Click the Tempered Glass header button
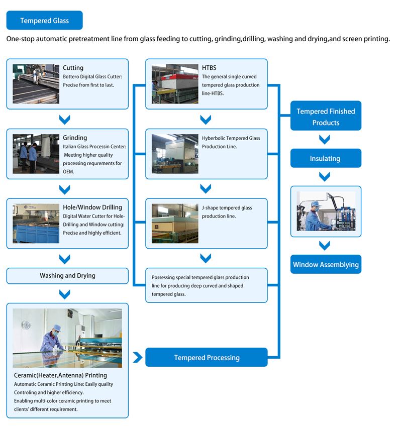pos(44,21)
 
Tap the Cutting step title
pos(73,68)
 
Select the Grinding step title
pos(75,138)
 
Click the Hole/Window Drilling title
pos(92,207)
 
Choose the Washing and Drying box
pos(67,275)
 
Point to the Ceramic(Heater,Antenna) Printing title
pos(60,375)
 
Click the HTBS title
pos(209,68)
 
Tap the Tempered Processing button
pos(207,358)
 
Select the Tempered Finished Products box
pos(326,117)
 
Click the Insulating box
pos(325,158)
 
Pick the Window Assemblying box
pos(326,264)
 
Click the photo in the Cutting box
pos(36,83)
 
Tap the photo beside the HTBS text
pos(175,83)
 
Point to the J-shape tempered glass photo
pos(175,223)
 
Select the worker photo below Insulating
pos(326,211)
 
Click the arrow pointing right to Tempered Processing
pos(137,358)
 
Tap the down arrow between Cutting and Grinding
pos(64,120)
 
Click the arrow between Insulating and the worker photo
pos(325,176)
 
